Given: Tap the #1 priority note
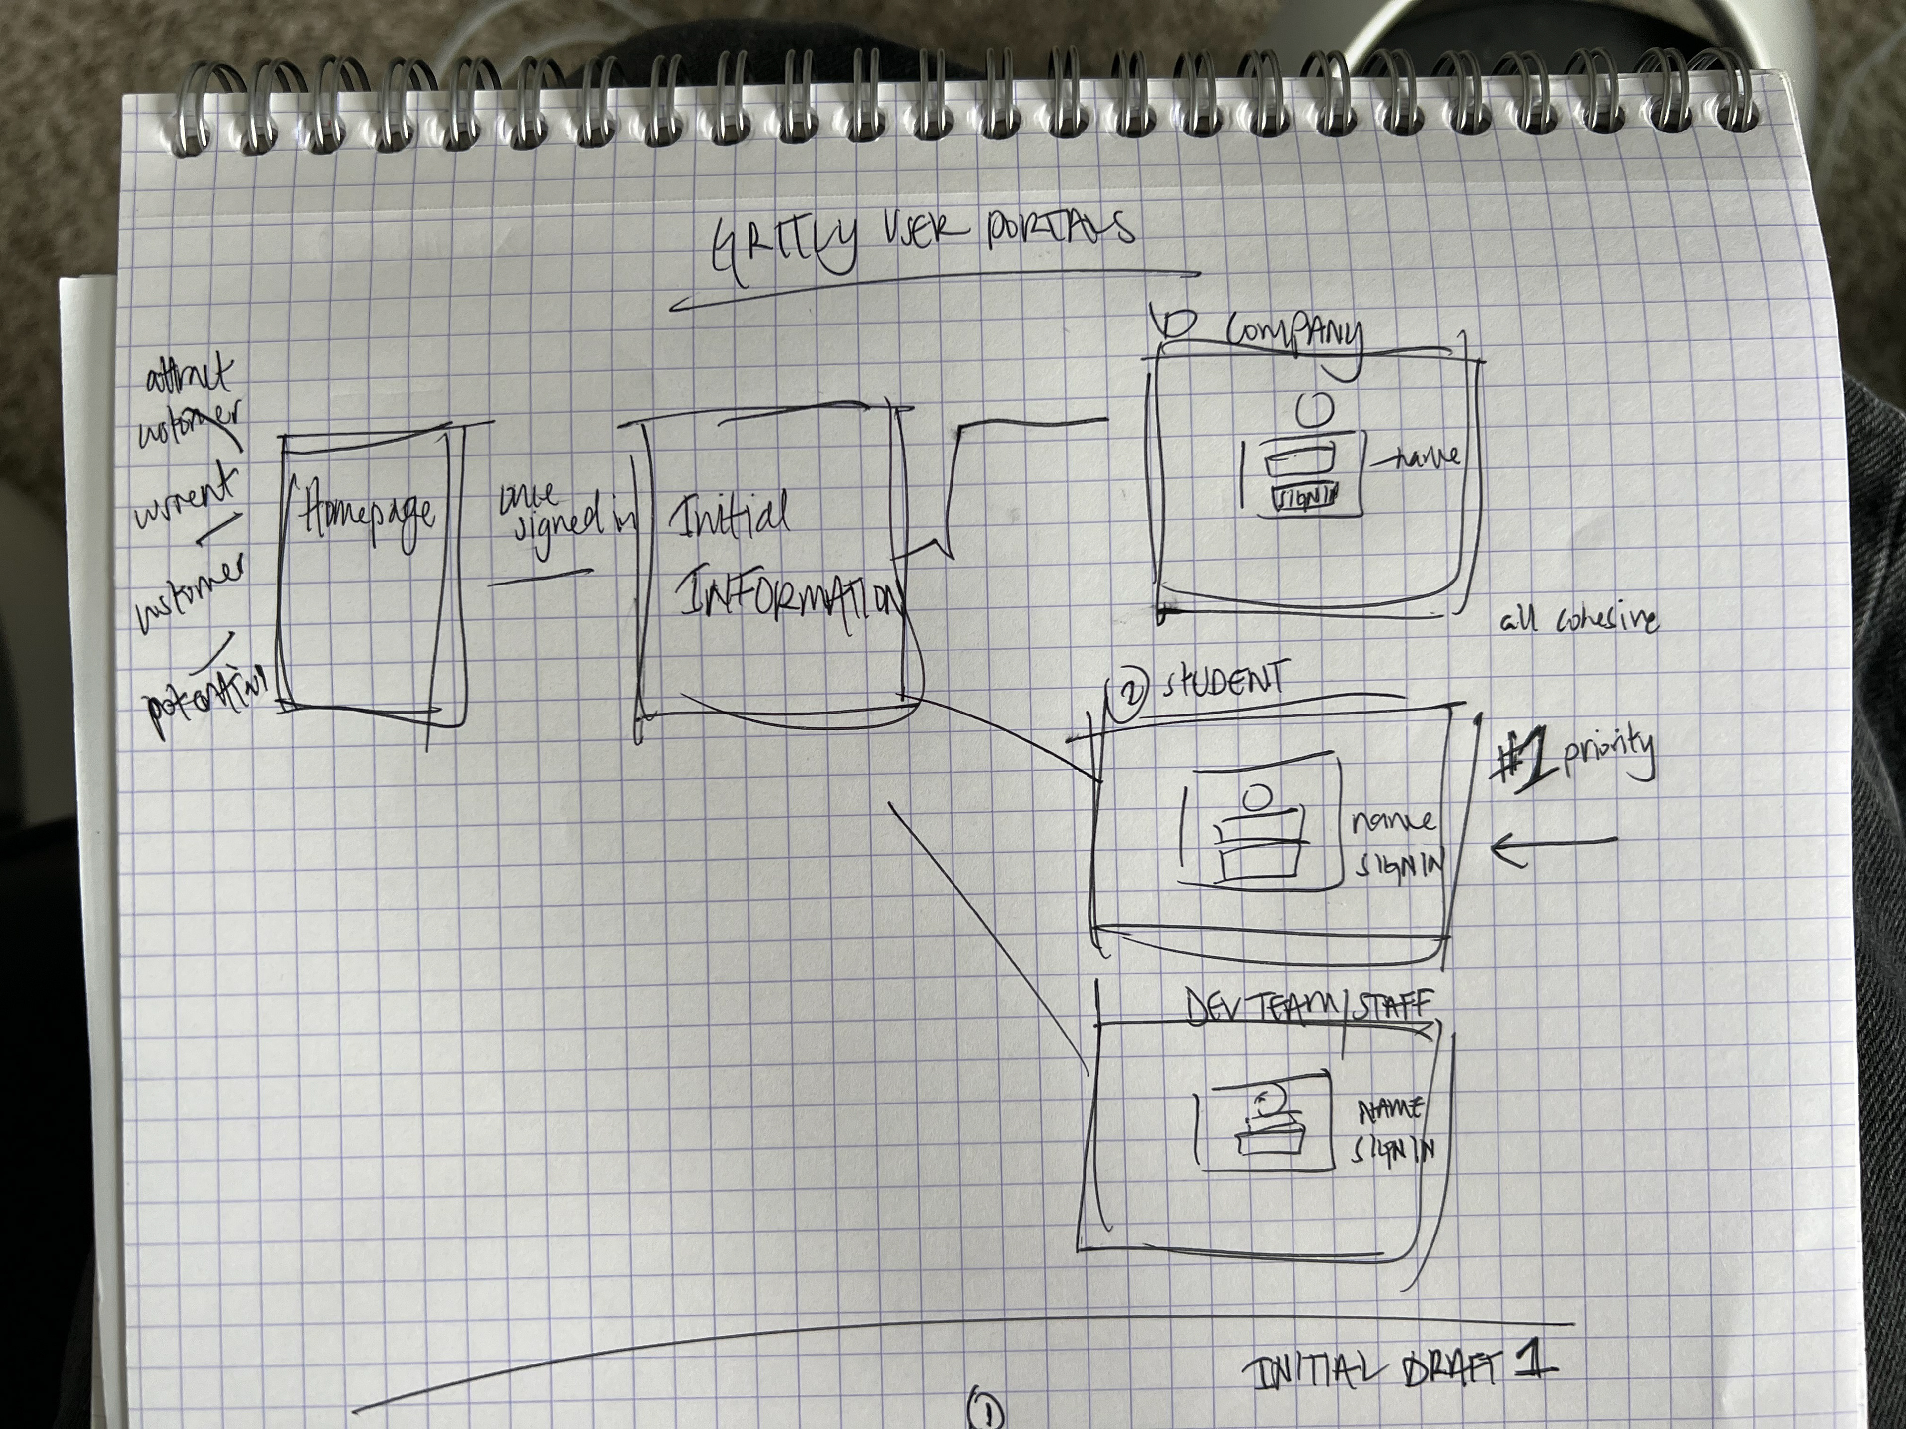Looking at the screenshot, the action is (1572, 758).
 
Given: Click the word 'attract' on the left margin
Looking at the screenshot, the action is (190, 379).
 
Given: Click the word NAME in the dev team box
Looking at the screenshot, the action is (1389, 1111).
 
